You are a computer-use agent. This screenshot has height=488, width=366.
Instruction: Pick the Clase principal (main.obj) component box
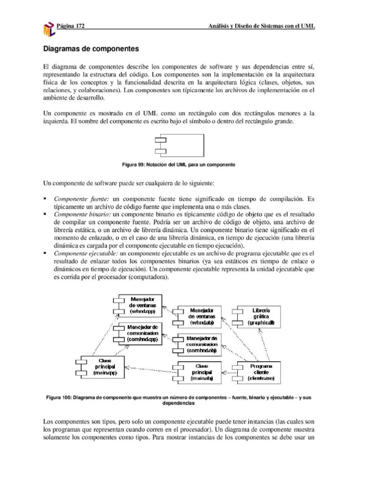point(200,372)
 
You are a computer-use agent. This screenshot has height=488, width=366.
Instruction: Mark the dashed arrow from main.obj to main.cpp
point(150,368)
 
